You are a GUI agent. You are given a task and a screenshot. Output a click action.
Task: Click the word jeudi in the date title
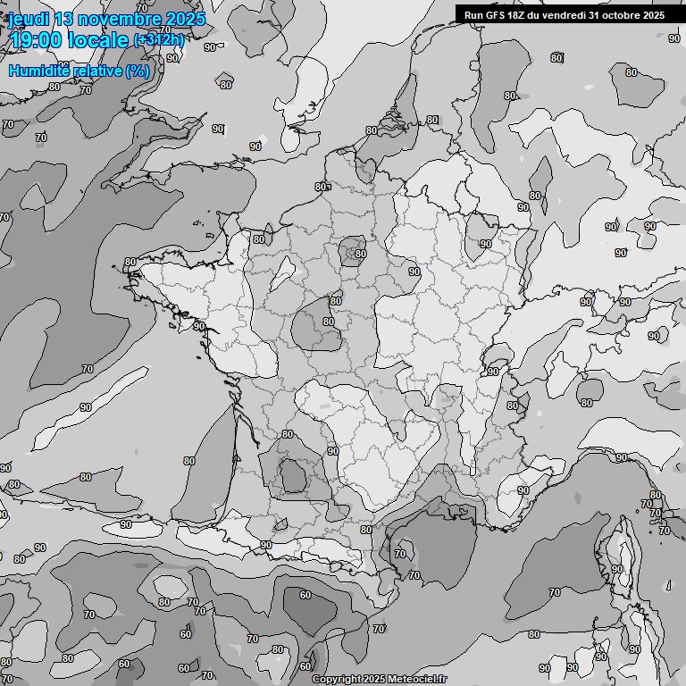point(29,19)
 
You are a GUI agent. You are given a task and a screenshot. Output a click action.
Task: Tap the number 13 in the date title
point(64,19)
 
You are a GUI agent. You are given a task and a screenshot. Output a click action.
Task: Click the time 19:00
point(35,40)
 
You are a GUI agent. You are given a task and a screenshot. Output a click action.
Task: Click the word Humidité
point(39,71)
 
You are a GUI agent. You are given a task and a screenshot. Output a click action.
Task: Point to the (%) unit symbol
point(138,71)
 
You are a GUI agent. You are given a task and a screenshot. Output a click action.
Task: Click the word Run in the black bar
point(473,14)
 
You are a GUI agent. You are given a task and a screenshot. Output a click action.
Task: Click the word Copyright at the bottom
point(337,680)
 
